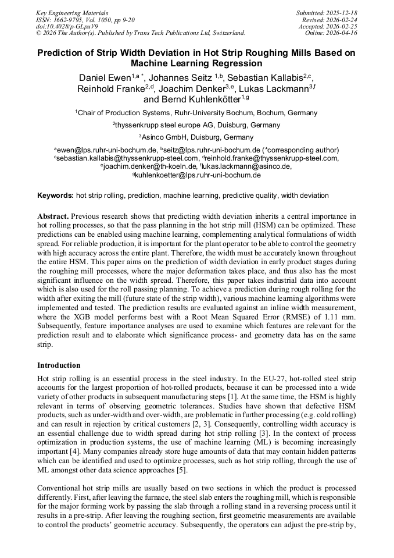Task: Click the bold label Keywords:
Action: point(56,196)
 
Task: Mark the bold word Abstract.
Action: point(53,216)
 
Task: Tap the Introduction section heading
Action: point(59,365)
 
